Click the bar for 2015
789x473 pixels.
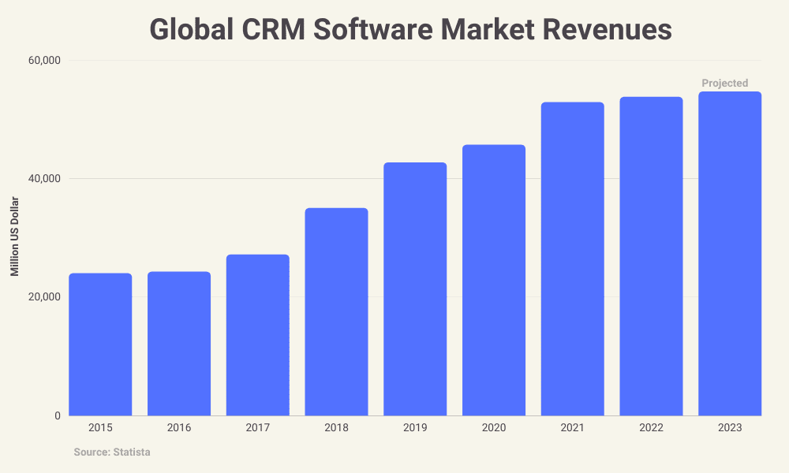pyautogui.click(x=100, y=345)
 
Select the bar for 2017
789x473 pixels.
pyautogui.click(x=257, y=335)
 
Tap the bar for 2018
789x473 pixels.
pyautogui.click(x=336, y=312)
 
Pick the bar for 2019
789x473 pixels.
pyautogui.click(x=415, y=289)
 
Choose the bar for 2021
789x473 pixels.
pyautogui.click(x=572, y=259)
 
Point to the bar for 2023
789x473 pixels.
pyautogui.click(x=730, y=254)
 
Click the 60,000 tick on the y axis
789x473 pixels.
pyautogui.click(x=44, y=61)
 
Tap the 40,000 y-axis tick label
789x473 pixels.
pyautogui.click(x=44, y=179)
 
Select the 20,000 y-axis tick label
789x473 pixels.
pyautogui.click(x=44, y=297)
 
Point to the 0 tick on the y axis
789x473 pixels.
pyautogui.click(x=58, y=415)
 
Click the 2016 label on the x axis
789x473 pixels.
pyautogui.click(x=179, y=428)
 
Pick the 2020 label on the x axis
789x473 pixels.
pyautogui.click(x=494, y=428)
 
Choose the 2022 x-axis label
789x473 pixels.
pyautogui.click(x=651, y=428)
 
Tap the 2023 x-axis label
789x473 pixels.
pyautogui.click(x=730, y=428)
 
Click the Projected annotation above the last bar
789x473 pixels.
pyautogui.click(x=724, y=83)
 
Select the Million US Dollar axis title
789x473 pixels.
pyautogui.click(x=15, y=237)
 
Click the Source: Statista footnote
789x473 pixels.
pyautogui.click(x=112, y=453)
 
